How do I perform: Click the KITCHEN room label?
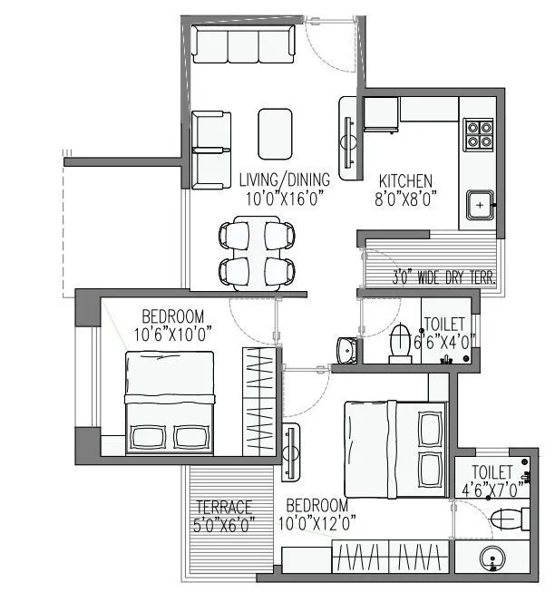pyautogui.click(x=405, y=180)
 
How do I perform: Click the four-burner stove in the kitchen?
pyautogui.click(x=479, y=134)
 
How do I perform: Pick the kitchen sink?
pyautogui.click(x=478, y=205)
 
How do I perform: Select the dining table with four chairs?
pyautogui.click(x=258, y=252)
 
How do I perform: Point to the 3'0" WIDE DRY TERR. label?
pyautogui.click(x=443, y=278)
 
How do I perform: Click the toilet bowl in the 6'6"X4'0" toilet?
pyautogui.click(x=400, y=344)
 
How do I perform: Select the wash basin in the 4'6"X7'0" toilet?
pyautogui.click(x=492, y=563)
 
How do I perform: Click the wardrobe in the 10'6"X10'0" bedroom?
pyautogui.click(x=258, y=400)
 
